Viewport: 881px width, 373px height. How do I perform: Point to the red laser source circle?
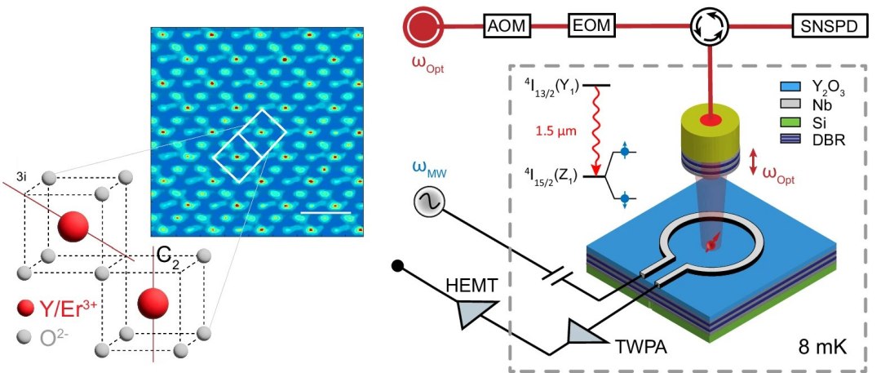coord(423,27)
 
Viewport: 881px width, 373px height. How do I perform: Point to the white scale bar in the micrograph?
coord(325,213)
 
